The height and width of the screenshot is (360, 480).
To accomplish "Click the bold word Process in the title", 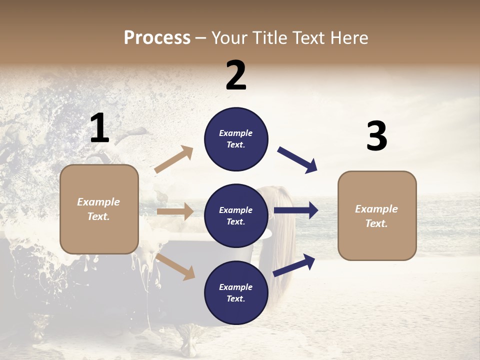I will (x=157, y=37).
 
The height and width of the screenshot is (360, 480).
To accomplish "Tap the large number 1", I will (x=99, y=128).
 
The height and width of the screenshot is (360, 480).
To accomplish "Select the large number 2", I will (x=236, y=75).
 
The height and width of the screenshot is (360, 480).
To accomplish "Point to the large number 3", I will (x=376, y=136).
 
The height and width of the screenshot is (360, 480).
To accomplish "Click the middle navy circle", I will (x=236, y=215).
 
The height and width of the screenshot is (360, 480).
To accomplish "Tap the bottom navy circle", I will (x=236, y=292).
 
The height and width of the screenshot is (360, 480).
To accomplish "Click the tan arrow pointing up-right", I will (x=173, y=159).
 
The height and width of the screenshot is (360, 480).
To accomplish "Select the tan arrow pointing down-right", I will (x=175, y=266).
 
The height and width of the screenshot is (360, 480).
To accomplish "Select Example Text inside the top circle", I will (x=236, y=139).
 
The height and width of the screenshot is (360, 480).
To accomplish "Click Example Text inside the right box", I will (x=376, y=216).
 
